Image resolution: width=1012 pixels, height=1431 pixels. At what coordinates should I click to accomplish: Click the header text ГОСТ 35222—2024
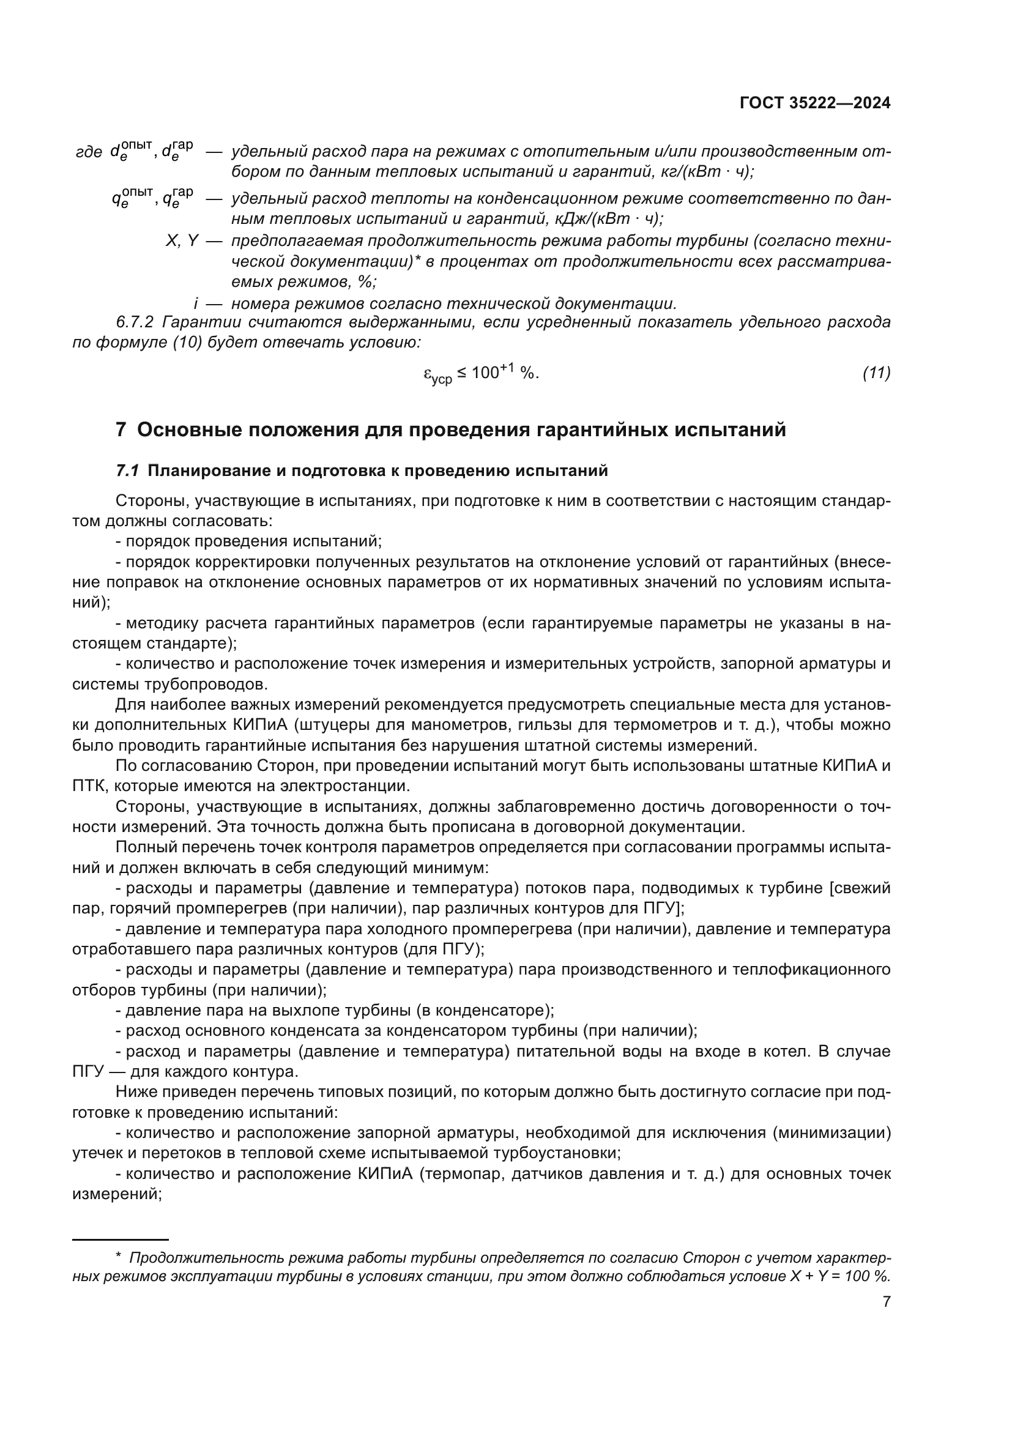coord(815,103)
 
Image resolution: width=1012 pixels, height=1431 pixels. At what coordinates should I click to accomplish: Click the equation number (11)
coord(876,373)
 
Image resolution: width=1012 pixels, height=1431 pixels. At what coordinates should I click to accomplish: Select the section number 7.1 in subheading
coord(127,470)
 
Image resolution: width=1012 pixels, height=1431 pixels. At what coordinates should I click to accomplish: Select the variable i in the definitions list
coord(196,303)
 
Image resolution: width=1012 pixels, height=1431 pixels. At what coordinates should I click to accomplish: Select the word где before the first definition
coord(89,152)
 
